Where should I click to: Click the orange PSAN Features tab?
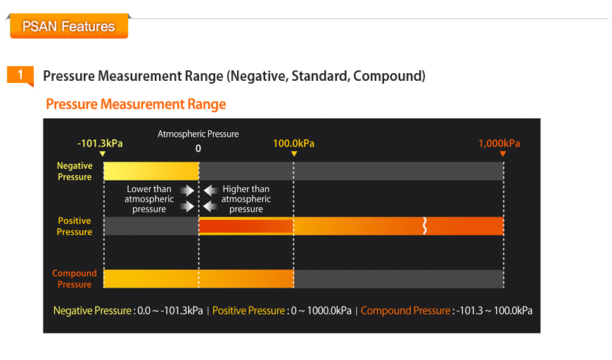pos(69,26)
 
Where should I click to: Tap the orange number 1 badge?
pos(20,75)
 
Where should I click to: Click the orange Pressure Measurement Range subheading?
pos(136,104)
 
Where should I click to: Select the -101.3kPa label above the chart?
pos(100,143)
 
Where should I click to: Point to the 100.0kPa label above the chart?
pos(293,143)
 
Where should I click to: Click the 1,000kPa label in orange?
pos(499,143)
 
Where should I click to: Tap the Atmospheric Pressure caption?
pos(198,134)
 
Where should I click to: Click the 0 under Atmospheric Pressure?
pos(198,148)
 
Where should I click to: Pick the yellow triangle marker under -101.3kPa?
pos(102,154)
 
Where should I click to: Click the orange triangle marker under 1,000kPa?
pos(503,154)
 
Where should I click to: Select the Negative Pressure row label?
pos(75,172)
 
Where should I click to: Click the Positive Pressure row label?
pos(75,226)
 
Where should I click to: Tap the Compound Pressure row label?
pos(75,278)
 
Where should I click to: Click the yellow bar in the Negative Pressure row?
pos(151,171)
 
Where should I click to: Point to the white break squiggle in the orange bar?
pos(425,226)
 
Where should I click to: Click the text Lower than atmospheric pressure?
pos(149,199)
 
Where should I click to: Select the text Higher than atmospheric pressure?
pos(246,199)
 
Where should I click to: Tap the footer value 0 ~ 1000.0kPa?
pos(321,311)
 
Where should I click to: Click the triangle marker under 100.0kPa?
pos(294,154)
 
